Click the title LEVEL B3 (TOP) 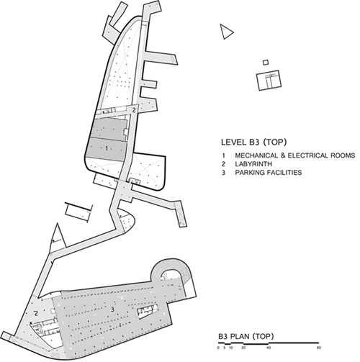tap(253, 142)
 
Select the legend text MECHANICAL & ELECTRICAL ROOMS tap(295, 155)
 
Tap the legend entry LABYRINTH tap(253, 164)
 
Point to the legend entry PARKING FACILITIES tap(269, 173)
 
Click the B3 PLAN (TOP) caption tap(246, 336)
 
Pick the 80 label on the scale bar tap(318, 348)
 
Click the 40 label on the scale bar tap(269, 348)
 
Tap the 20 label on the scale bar tap(243, 348)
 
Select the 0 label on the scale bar tap(218, 348)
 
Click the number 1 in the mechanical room tap(107, 148)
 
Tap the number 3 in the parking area tap(112, 309)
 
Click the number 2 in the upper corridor tap(134, 110)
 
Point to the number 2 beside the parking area tap(36, 313)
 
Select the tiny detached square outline tap(266, 63)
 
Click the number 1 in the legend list tap(224, 155)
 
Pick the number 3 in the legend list tap(224, 173)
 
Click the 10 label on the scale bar tap(231, 348)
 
